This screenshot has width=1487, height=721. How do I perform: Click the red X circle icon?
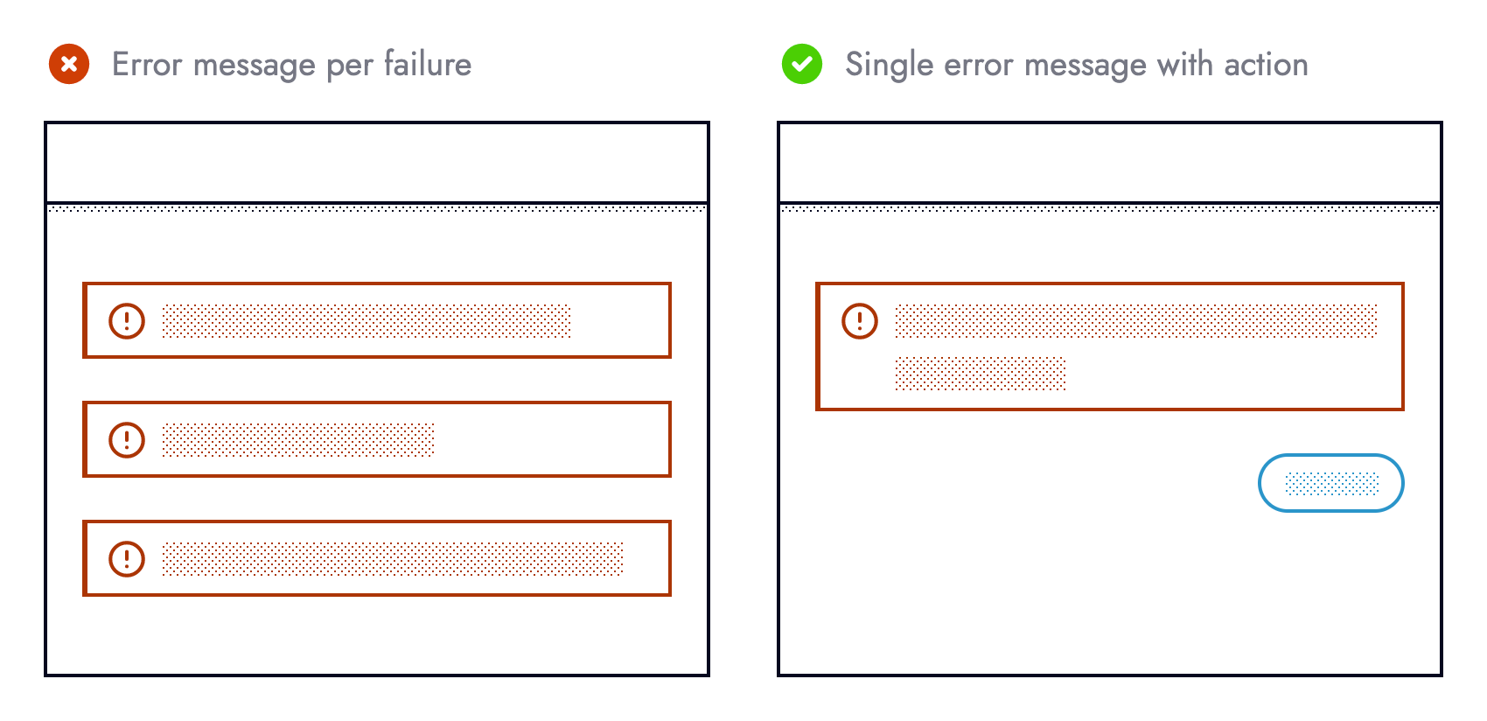(x=69, y=64)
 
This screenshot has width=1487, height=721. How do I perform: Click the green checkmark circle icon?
(x=802, y=64)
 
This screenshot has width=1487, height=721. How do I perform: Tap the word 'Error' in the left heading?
(x=147, y=64)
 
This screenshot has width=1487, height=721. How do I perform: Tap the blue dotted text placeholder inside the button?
(x=1331, y=483)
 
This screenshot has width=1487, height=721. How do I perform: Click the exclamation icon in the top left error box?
(x=127, y=320)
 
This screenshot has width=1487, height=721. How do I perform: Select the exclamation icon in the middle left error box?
(x=127, y=439)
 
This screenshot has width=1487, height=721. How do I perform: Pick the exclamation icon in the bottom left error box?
(x=127, y=558)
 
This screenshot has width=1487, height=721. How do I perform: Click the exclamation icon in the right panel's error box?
(x=860, y=320)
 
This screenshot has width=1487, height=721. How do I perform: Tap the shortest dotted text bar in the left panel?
(x=297, y=439)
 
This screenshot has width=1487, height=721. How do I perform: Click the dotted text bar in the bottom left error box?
(x=392, y=558)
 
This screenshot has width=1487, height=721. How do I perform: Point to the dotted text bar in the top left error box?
(x=366, y=320)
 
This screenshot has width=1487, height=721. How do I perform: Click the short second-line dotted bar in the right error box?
(x=980, y=374)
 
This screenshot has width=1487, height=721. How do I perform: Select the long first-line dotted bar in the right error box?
(x=1135, y=320)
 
